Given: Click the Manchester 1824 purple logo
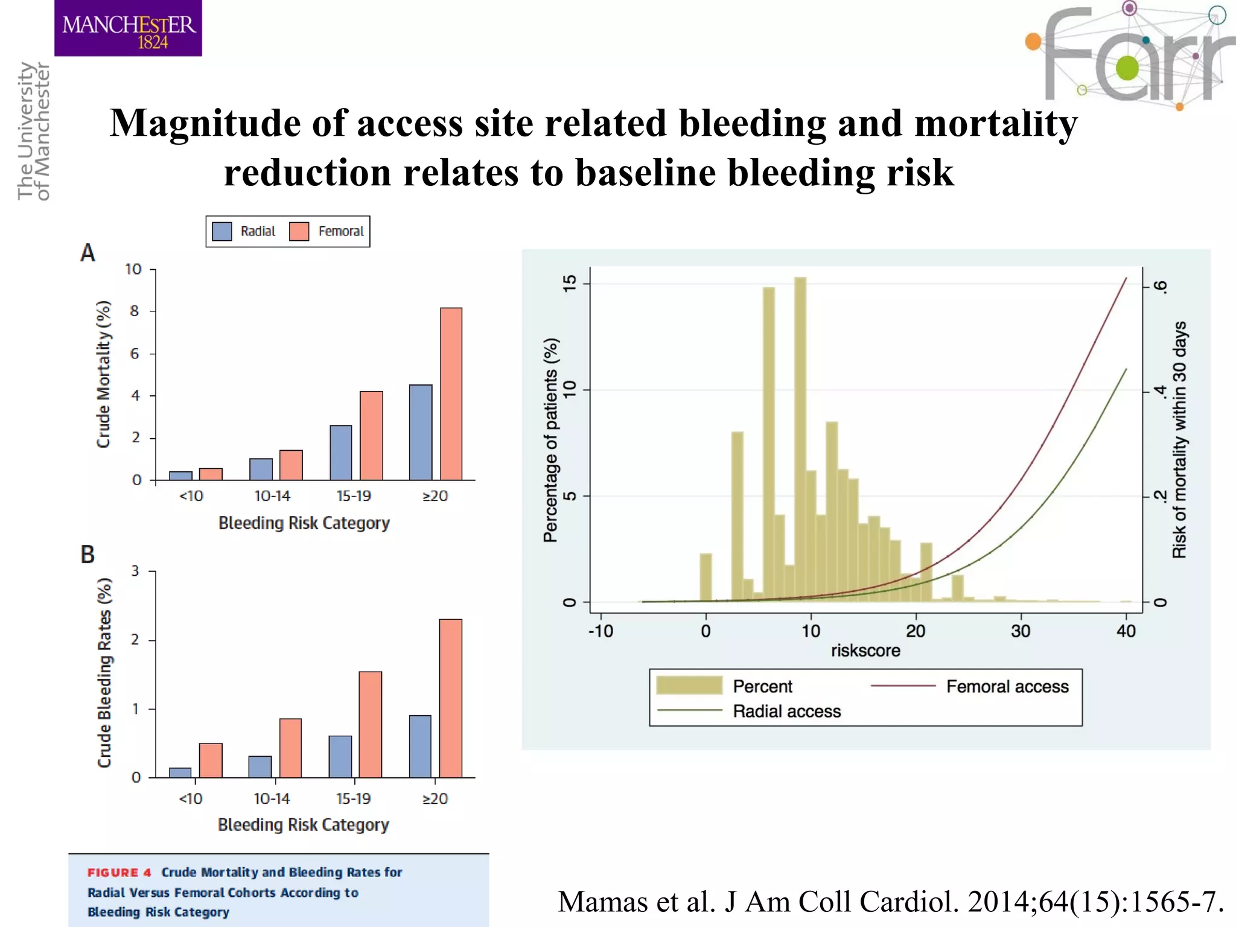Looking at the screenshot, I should (x=128, y=28).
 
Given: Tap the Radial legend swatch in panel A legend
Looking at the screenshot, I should (x=222, y=232).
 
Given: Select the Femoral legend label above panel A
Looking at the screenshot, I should (x=341, y=232).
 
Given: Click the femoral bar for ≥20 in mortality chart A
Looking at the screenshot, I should (x=451, y=393).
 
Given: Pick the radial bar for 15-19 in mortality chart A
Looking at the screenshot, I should (x=341, y=453).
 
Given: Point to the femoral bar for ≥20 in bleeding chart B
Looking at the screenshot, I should (x=450, y=698).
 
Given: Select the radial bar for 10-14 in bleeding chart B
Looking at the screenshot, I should (x=260, y=766).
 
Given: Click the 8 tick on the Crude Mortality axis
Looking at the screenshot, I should (x=135, y=311).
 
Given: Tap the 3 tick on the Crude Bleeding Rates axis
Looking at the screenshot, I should (x=135, y=571).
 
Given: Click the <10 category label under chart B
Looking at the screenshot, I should (x=191, y=799).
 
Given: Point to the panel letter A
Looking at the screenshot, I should (x=88, y=253).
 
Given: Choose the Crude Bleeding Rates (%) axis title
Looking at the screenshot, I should (x=105, y=672).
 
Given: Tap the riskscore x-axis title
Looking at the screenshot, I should (x=865, y=651).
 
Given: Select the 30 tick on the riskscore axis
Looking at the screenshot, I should (x=1021, y=631).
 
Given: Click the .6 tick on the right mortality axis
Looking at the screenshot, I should (x=1160, y=287).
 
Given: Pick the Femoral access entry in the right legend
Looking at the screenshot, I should (x=1007, y=687).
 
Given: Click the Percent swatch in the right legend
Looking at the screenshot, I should (x=689, y=686).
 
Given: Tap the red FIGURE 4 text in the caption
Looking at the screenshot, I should (x=119, y=873).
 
